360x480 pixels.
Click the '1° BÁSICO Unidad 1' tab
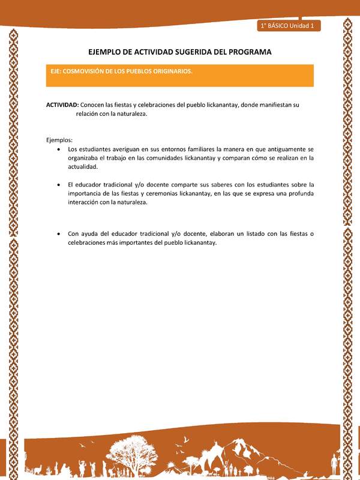tap(290, 25)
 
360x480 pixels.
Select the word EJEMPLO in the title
tap(108, 52)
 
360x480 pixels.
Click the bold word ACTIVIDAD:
tap(62, 104)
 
